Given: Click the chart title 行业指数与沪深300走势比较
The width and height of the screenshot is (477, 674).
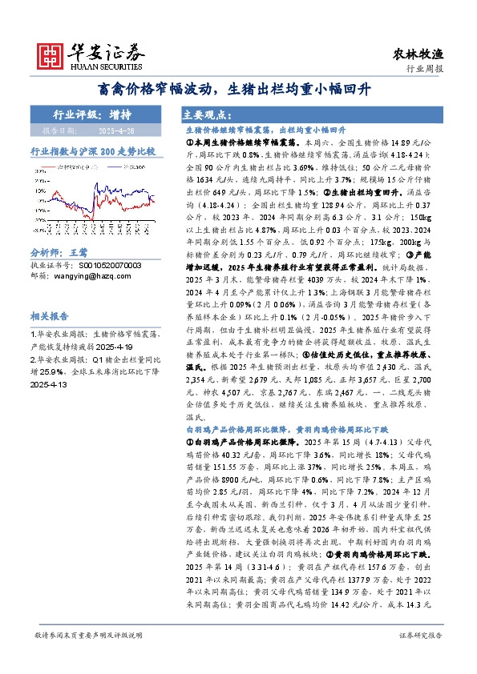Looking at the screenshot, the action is click(92, 150).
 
